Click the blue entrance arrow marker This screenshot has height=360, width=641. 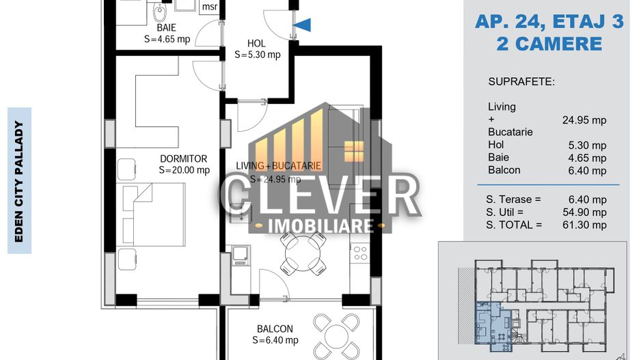303,25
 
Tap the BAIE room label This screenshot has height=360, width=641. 166,28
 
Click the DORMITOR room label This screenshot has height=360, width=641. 184,158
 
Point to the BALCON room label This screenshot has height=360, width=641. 275,329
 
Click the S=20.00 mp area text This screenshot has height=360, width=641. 184,171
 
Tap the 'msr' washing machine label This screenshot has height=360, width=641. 209,8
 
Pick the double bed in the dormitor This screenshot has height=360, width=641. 154,214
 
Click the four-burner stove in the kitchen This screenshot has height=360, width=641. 360,253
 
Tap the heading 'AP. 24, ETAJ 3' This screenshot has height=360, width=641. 549,22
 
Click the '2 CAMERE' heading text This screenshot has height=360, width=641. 549,44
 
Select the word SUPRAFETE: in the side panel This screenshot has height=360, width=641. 521,82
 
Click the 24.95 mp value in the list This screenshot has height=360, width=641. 584,120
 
